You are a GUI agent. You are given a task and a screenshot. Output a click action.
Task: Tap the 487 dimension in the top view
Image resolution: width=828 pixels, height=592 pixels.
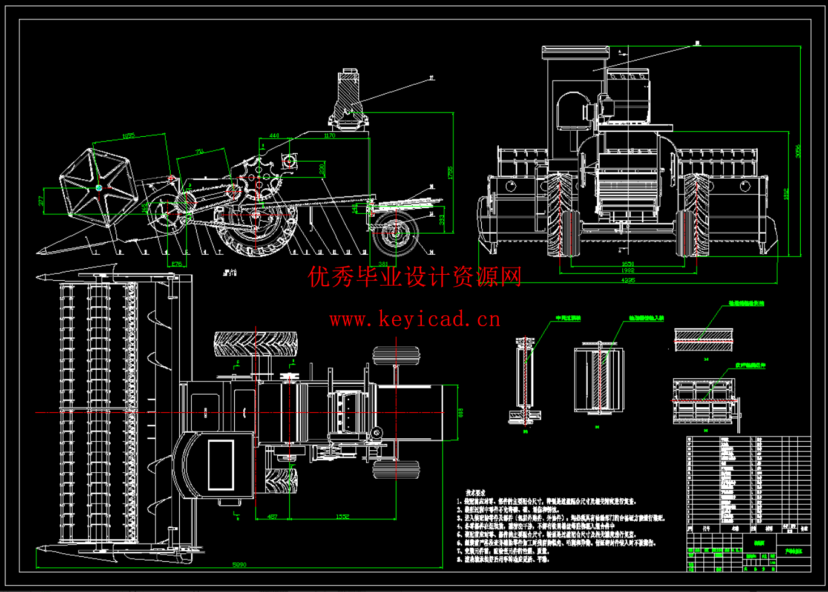(x=272, y=516)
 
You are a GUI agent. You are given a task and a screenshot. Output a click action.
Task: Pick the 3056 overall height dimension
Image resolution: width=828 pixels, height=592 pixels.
(x=798, y=150)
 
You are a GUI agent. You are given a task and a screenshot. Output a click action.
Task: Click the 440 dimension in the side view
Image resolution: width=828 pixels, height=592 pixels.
(x=274, y=137)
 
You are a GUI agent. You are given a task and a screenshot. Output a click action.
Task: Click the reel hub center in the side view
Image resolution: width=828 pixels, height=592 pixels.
(x=99, y=188)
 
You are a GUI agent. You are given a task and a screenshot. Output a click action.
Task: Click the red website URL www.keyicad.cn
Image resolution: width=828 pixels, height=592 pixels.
(x=415, y=318)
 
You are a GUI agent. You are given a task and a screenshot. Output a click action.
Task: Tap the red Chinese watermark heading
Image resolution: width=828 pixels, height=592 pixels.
(x=415, y=278)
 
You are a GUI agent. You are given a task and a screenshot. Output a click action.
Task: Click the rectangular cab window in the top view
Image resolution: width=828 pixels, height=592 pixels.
(x=220, y=465)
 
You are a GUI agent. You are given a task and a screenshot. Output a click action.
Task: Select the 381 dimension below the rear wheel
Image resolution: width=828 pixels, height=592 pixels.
(x=383, y=263)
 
